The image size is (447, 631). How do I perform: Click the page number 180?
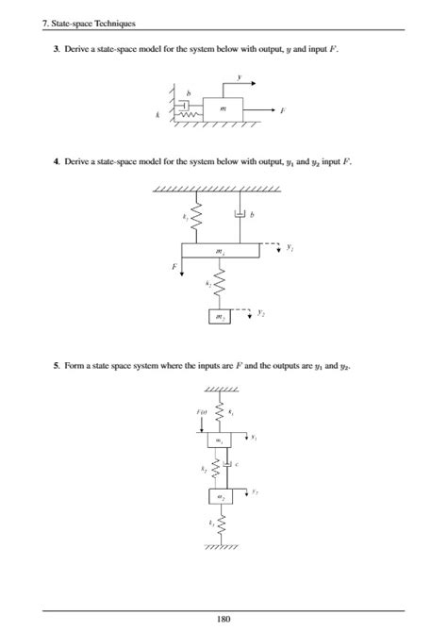223,618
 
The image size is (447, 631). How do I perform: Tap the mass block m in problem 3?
223,109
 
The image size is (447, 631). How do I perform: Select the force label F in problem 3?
283,110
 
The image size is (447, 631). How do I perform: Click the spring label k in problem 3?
159,115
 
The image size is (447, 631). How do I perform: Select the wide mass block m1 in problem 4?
221,251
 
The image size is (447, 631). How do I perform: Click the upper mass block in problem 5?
220,440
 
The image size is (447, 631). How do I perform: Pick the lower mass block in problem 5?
220,495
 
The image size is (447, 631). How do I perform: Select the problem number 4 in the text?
56,162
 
